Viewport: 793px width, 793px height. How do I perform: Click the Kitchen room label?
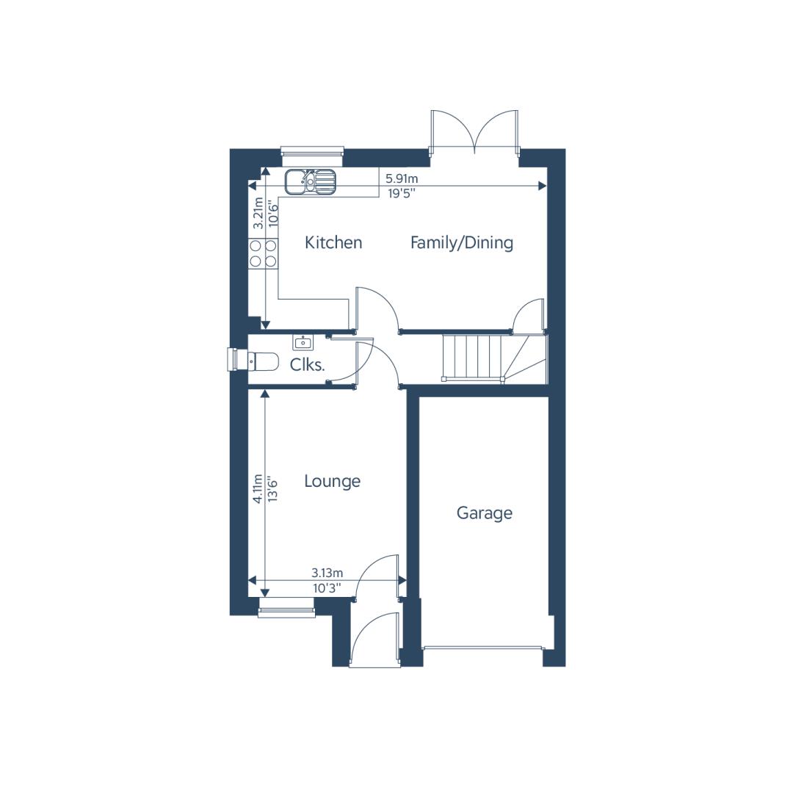coord(333,243)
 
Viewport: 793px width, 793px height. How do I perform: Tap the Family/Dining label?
coord(462,243)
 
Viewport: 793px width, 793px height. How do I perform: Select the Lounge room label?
coord(333,481)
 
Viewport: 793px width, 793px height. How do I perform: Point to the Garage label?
coord(485,513)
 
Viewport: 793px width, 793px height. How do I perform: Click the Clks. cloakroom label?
coord(307,365)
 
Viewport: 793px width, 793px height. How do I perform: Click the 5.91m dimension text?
coord(402,178)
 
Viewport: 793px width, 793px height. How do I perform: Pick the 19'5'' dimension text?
coord(402,193)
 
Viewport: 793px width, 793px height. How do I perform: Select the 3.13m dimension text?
coord(327,573)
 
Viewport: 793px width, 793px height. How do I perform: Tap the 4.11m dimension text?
coord(258,488)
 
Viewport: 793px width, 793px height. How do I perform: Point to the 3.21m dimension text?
coord(258,213)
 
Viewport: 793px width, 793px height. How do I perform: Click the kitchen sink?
coord(310,181)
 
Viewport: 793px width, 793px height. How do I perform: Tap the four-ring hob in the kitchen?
coord(263,253)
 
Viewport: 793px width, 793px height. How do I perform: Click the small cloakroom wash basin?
coord(303,342)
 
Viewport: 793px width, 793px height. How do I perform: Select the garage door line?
coord(483,647)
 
